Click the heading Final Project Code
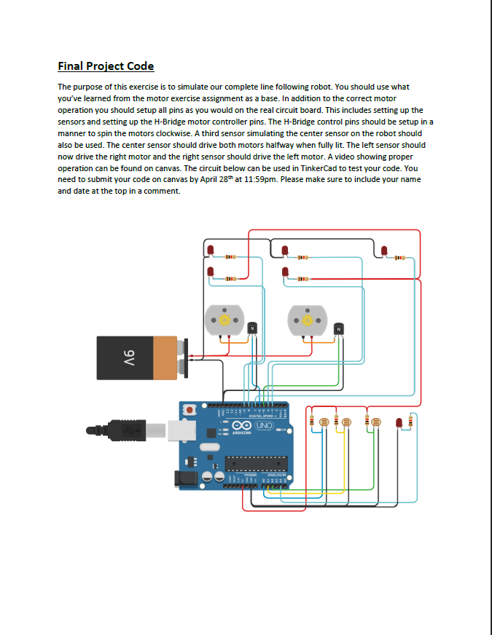tap(106, 66)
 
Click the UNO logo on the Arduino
tap(263, 425)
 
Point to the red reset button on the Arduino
tap(190, 411)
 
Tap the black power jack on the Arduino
tap(183, 478)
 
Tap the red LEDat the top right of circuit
tap(384, 251)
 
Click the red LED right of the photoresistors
tap(399, 424)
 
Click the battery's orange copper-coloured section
tap(166, 358)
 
